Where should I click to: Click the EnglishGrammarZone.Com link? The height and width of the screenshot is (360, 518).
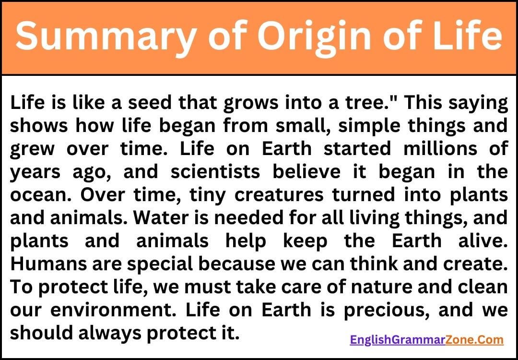426,340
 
